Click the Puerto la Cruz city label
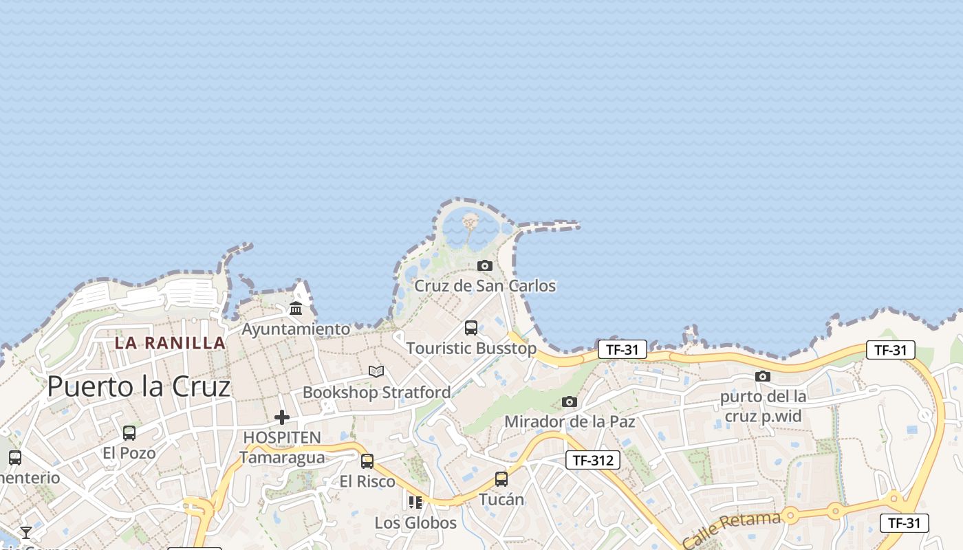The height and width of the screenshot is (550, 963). (138, 387)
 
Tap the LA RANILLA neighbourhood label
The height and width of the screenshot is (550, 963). (170, 342)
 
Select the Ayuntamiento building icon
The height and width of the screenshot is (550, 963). (296, 308)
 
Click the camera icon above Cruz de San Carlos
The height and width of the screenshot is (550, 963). (485, 265)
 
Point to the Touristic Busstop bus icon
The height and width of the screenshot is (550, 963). (471, 328)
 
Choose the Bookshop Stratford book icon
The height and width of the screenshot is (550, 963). (376, 372)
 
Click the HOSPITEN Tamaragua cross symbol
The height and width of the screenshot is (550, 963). (282, 417)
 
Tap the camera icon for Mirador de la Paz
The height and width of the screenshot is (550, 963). (570, 401)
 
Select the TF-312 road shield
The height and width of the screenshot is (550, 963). (592, 460)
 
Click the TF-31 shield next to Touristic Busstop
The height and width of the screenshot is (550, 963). (622, 349)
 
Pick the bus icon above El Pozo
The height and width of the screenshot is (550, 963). (129, 433)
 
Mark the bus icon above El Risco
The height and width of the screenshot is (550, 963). (367, 461)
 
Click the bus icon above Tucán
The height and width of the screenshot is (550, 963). (501, 479)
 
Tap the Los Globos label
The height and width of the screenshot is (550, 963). (415, 522)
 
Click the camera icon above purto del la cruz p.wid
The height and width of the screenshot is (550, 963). (763, 376)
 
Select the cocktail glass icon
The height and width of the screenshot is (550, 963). (26, 532)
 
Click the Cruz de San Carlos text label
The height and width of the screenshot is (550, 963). (485, 285)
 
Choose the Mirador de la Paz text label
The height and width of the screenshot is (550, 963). (570, 421)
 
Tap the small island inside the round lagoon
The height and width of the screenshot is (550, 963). (470, 221)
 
